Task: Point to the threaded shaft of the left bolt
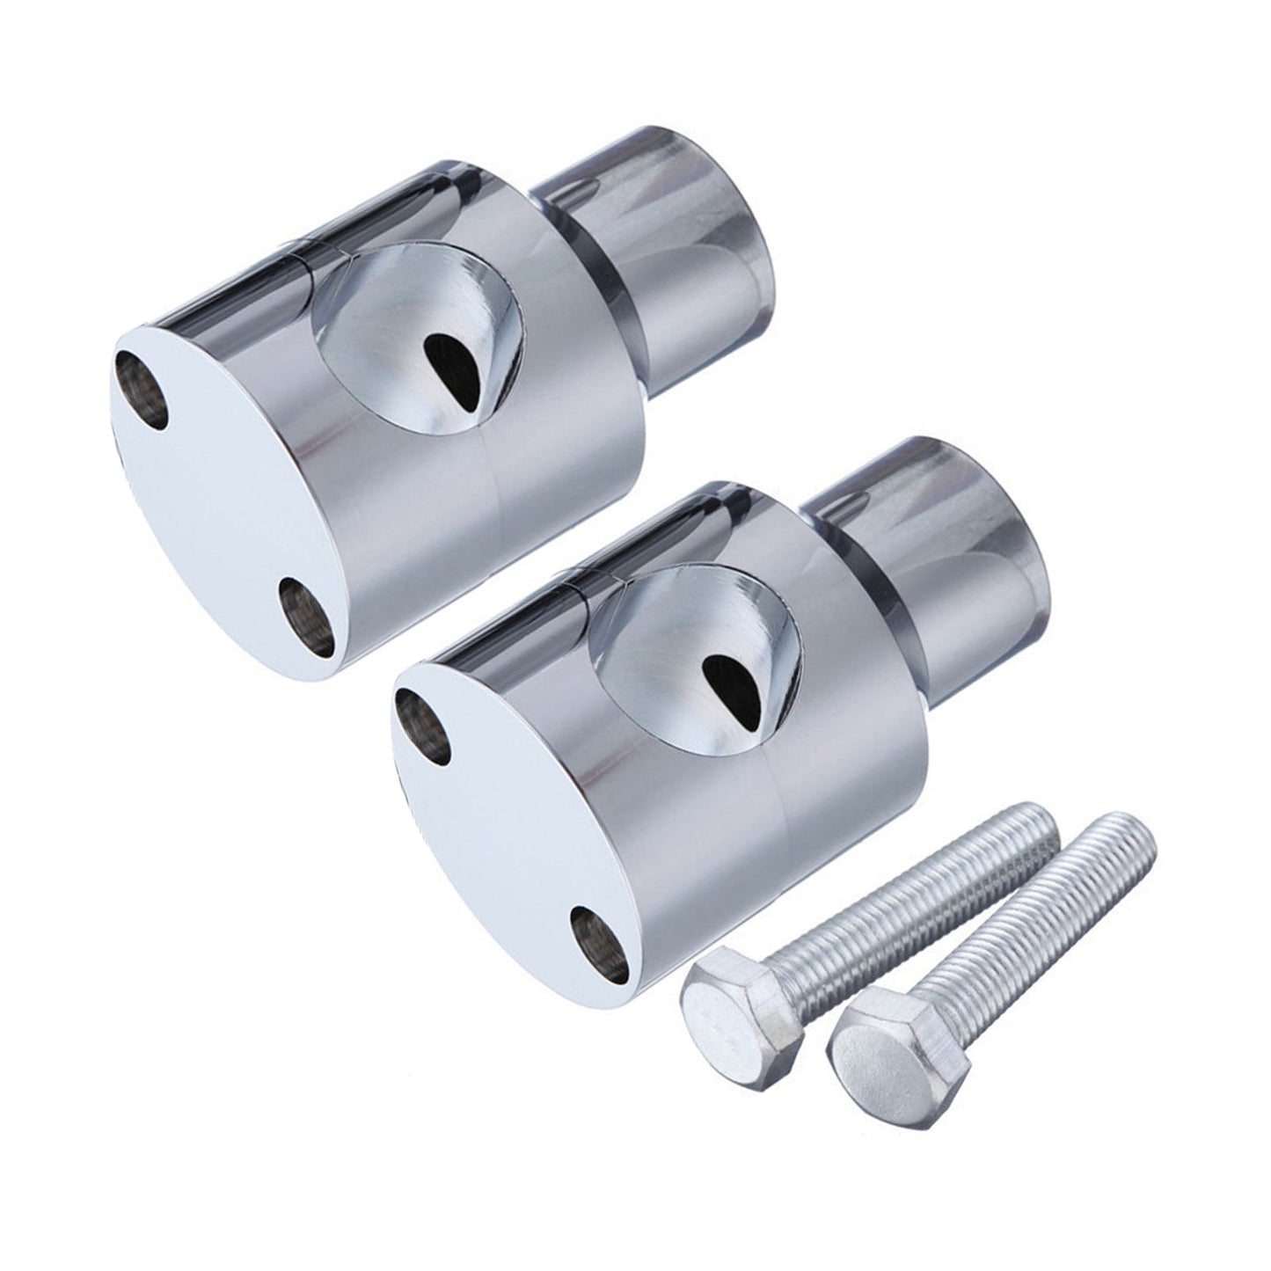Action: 924,888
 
